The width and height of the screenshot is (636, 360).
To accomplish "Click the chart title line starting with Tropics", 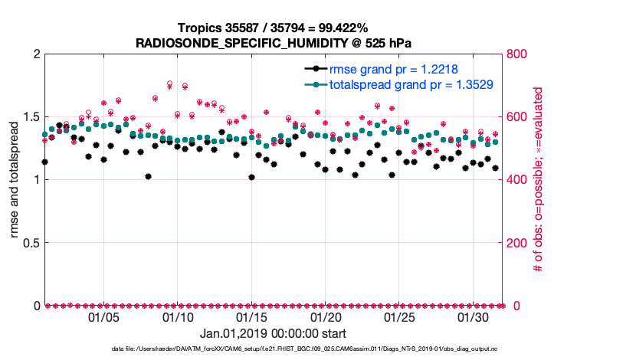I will pos(273,28).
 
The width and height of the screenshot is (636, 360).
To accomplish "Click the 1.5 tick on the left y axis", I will pos(29,117).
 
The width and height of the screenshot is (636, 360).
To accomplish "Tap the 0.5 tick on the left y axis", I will pos(29,243).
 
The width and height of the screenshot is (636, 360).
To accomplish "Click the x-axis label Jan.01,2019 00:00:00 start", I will pos(273,334).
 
